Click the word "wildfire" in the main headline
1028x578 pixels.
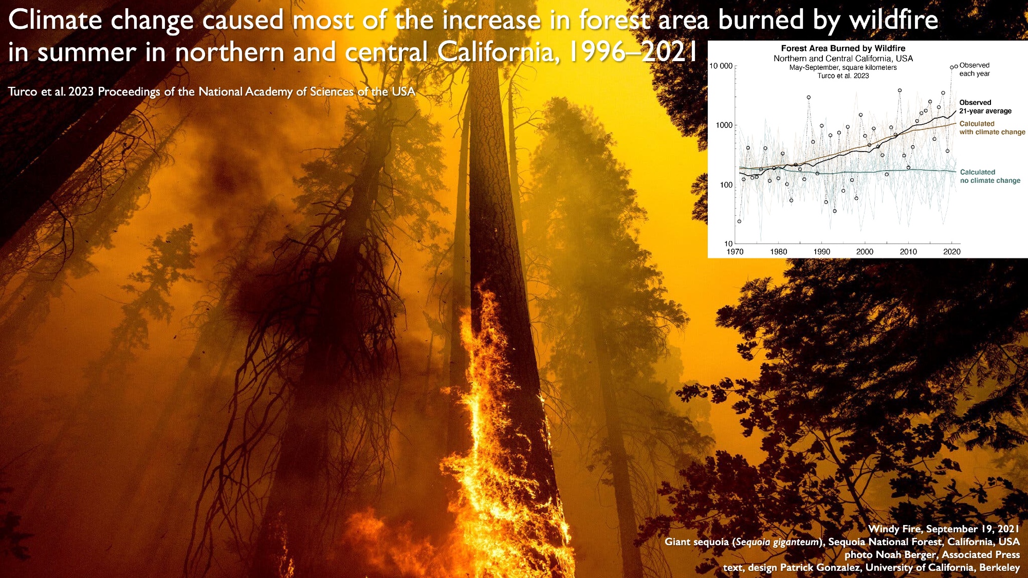[x=893, y=21]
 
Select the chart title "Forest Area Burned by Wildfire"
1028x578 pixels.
[x=843, y=48]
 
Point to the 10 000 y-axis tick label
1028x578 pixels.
[x=721, y=66]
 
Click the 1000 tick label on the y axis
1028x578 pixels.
[x=724, y=125]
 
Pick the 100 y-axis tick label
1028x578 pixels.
[x=726, y=185]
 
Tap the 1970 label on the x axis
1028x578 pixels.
[x=735, y=252]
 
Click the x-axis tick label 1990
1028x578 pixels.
[x=821, y=252]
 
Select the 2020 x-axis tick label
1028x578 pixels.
[x=951, y=252]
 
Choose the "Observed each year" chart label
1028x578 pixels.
[x=974, y=69]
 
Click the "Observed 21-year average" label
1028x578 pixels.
[x=985, y=107]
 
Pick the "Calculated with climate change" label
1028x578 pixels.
[x=992, y=128]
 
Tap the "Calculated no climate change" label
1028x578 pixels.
[x=990, y=176]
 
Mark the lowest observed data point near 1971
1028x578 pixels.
[x=739, y=221]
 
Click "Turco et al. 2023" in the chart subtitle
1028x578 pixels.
[x=843, y=76]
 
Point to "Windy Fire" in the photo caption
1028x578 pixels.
[x=894, y=529]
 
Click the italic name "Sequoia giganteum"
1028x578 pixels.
[x=777, y=542]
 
